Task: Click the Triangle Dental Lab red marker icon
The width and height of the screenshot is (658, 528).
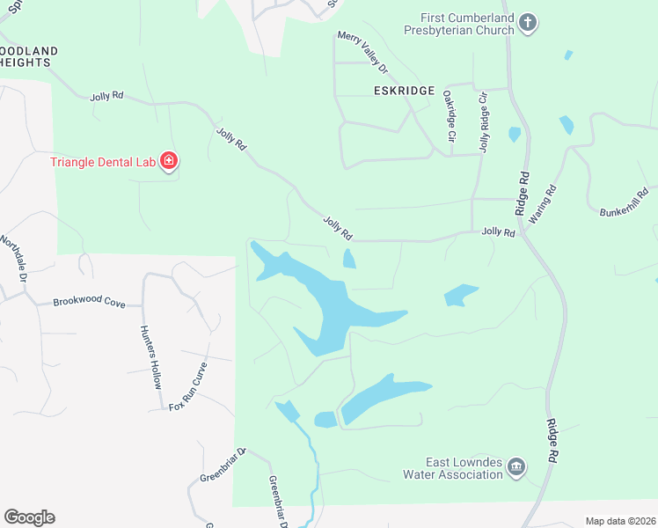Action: coord(169,161)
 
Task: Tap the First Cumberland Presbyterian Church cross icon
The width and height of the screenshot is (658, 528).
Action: coord(527,22)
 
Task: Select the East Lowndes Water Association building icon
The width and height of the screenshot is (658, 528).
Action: coord(516,466)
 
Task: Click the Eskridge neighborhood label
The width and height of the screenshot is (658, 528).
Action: coord(404,91)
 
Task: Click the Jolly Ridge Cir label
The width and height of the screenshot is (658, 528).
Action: coord(483,123)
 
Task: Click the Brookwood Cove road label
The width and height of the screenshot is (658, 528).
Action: coord(89,301)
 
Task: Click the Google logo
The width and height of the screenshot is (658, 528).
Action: coord(29,517)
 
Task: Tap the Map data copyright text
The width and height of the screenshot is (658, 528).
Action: coord(619,521)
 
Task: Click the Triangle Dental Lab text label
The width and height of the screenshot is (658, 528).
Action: coord(102,161)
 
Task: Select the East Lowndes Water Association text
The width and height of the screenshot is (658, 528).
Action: coord(452,468)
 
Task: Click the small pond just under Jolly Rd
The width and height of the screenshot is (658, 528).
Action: coord(349,259)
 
